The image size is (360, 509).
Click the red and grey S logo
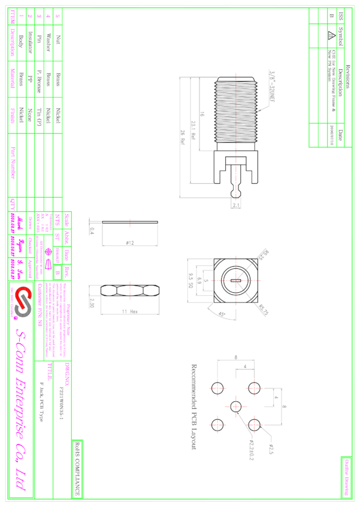click(x=23, y=301)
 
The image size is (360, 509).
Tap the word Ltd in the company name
click(x=22, y=479)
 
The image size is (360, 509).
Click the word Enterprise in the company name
click(x=22, y=407)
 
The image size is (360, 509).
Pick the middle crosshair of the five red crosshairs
click(x=236, y=407)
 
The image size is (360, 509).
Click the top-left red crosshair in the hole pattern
click(x=217, y=388)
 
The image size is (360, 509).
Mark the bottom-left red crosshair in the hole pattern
click(x=217, y=425)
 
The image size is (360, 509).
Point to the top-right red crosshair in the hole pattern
click(x=254, y=388)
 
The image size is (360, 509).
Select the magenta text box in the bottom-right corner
click(x=346, y=477)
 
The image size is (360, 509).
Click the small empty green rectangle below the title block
click(x=78, y=468)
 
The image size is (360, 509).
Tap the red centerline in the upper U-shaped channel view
click(x=130, y=223)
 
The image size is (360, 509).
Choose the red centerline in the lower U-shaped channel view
click(x=130, y=290)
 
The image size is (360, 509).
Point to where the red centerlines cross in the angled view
click(x=236, y=280)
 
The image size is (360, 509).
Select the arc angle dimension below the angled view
click(x=221, y=313)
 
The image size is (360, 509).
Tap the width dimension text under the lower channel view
click(x=130, y=311)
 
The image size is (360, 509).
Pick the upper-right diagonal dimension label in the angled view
click(x=263, y=254)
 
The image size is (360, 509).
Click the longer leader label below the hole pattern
click(x=252, y=449)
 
